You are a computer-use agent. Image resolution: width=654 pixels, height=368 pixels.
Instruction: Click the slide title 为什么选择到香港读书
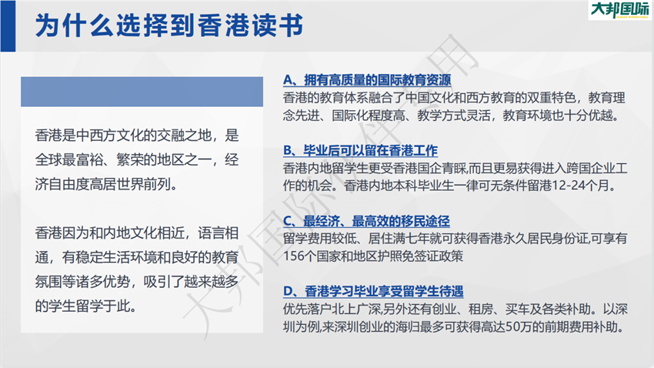pyautogui.click(x=169, y=26)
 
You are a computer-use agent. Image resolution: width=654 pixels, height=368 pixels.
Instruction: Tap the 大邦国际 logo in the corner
pyautogui.click(x=620, y=10)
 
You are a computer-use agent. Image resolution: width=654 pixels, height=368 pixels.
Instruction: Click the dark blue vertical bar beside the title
pyautogui.click(x=8, y=26)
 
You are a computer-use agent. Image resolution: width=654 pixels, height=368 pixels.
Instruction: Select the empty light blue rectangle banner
pyautogui.click(x=142, y=92)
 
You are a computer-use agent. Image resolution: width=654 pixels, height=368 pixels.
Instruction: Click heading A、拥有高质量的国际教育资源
pyautogui.click(x=367, y=80)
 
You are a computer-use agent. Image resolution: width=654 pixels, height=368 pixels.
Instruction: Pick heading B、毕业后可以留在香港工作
pyautogui.click(x=360, y=150)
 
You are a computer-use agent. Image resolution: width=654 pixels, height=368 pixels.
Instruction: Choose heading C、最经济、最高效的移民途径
pyautogui.click(x=366, y=221)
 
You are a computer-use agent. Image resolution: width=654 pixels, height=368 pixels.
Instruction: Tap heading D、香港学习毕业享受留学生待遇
pyautogui.click(x=373, y=291)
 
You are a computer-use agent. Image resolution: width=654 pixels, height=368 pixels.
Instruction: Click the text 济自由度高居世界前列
pyautogui.click(x=106, y=184)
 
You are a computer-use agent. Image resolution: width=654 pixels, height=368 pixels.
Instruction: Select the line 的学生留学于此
pyautogui.click(x=86, y=306)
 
